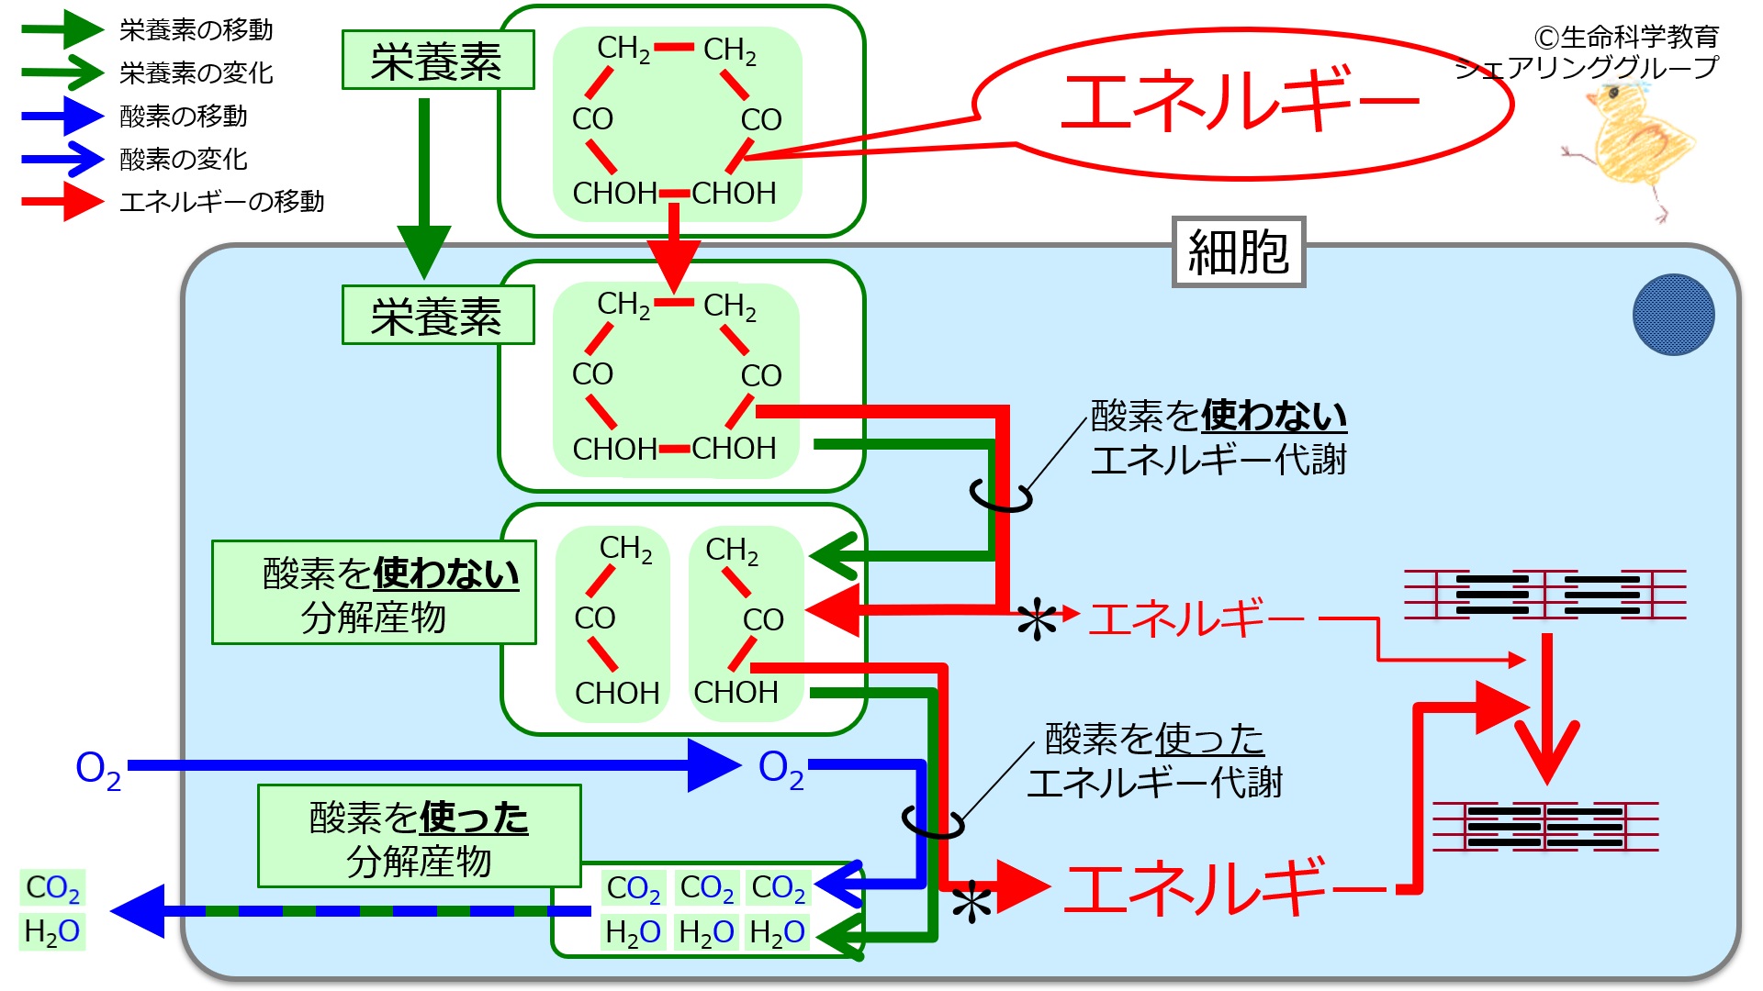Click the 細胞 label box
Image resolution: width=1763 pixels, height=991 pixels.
point(1239,252)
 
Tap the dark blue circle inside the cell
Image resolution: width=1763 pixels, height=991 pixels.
point(1673,315)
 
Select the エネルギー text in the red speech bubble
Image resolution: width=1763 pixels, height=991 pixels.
point(1240,101)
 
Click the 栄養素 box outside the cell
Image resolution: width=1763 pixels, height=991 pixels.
point(438,61)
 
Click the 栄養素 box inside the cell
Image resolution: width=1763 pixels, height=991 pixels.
point(438,316)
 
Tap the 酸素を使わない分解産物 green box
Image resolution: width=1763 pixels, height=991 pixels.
point(374,594)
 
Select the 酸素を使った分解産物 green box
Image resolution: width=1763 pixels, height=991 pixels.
point(419,837)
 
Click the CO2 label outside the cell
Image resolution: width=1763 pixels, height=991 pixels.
point(52,887)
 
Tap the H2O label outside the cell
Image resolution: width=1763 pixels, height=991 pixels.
point(52,931)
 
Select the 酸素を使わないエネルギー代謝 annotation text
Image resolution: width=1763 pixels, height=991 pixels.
point(1218,437)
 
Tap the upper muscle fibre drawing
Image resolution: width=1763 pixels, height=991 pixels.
point(1546,595)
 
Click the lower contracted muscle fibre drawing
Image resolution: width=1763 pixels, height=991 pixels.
point(1546,827)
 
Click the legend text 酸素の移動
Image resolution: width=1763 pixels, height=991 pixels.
point(184,116)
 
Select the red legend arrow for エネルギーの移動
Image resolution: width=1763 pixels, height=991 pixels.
point(62,201)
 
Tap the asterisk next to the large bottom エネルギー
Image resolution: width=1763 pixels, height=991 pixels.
point(971,904)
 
